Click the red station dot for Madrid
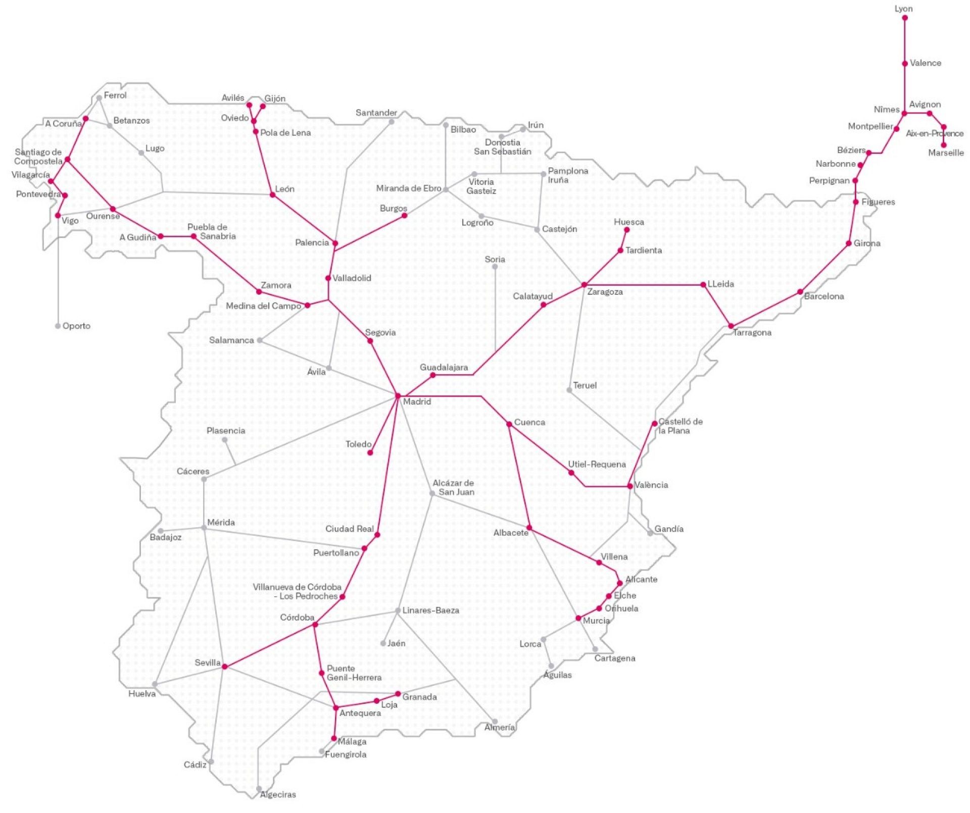(398, 395)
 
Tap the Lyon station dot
(904, 18)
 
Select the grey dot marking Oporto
(58, 326)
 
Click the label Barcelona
(823, 296)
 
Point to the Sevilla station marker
(224, 667)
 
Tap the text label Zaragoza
(605, 292)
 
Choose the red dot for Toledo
(370, 452)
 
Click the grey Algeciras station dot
(259, 789)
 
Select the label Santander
(376, 113)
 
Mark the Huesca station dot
(626, 230)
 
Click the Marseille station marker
(943, 145)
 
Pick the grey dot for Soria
(495, 267)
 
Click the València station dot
(629, 486)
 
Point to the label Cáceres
(192, 471)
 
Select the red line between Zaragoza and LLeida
(644, 285)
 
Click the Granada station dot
(398, 694)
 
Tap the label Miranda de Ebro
(408, 188)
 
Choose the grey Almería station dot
(495, 722)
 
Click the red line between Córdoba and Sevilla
(270, 645)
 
